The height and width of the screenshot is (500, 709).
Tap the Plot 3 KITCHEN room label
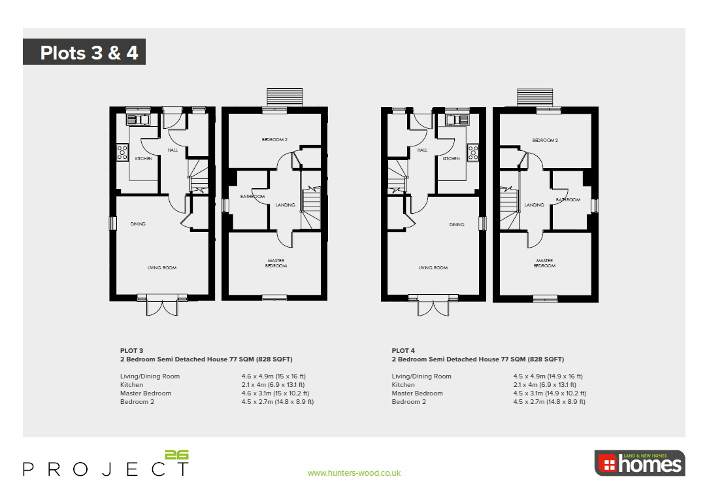tap(144, 159)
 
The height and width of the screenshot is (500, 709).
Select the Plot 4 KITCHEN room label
tap(451, 159)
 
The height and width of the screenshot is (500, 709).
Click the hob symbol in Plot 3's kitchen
tap(122, 152)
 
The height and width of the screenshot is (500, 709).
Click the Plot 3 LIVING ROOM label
tap(161, 268)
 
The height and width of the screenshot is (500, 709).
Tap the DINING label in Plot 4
tap(457, 225)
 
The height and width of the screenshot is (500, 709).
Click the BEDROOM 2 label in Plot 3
tap(275, 140)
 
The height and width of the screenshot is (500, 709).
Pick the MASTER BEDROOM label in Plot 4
tap(544, 263)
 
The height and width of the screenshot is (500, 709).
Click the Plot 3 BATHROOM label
tap(252, 197)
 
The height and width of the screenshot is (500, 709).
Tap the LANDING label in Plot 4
tap(534, 205)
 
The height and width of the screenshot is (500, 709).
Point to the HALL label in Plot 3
tap(173, 150)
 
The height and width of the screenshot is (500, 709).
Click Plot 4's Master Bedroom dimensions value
tap(550, 393)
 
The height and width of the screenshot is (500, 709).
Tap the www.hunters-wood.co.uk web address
tap(354, 473)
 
